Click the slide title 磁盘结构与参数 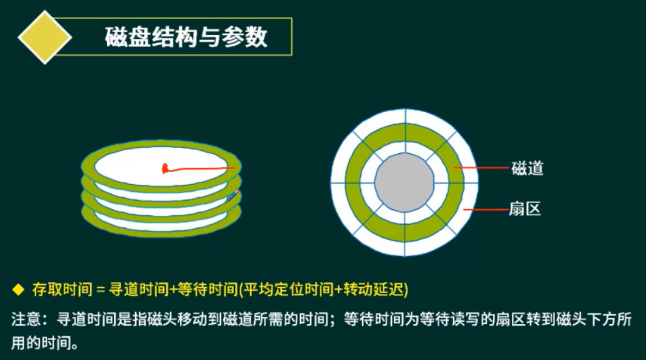[186, 38]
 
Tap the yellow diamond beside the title [44, 37]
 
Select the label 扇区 [525, 209]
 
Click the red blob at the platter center [165, 169]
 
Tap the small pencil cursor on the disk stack [232, 196]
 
